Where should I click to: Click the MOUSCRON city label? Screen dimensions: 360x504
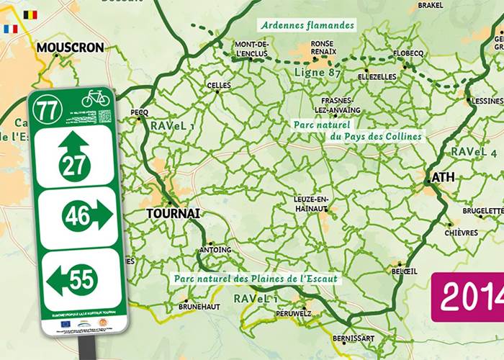70,48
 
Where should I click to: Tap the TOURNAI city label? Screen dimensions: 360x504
173,214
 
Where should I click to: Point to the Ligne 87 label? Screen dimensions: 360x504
317,72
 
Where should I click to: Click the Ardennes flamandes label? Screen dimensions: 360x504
308,25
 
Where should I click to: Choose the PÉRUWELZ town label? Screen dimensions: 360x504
293,314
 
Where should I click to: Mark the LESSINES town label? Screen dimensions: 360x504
487,102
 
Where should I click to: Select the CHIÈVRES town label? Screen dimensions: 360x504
461,233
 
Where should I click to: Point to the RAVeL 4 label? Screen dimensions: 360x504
474,152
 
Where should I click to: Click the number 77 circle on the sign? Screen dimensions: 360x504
48,108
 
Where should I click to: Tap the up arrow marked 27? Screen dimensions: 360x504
75,156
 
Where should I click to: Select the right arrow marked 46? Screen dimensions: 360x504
86,215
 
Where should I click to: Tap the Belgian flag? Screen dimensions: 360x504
30,14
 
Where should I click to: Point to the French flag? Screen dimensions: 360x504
11,30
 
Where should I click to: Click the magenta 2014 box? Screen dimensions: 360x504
469,295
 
